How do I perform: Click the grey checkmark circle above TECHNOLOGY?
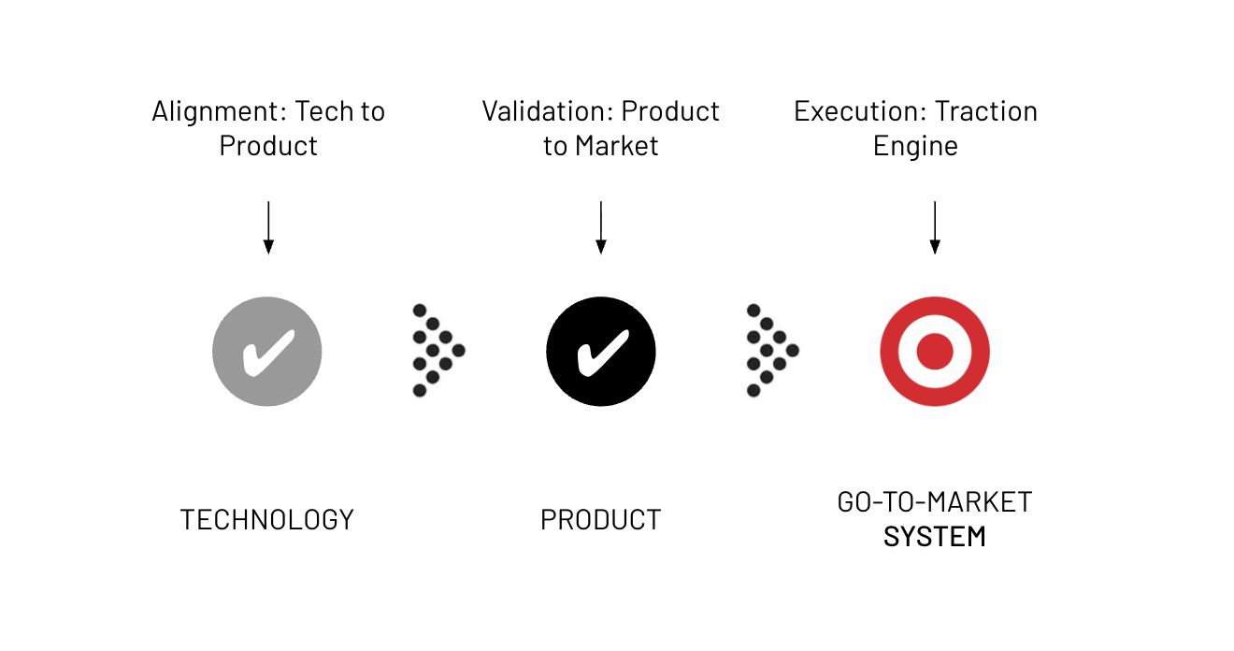(x=267, y=352)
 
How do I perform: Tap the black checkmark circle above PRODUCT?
(x=601, y=352)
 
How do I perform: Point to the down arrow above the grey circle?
(x=268, y=227)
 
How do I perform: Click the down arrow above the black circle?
(x=601, y=227)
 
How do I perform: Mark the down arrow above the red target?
(x=935, y=227)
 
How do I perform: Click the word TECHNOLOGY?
(x=267, y=520)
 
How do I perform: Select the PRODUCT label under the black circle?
(x=601, y=520)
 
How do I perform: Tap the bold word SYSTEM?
(x=935, y=538)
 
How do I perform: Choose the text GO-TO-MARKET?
(x=935, y=502)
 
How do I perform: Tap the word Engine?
(x=915, y=147)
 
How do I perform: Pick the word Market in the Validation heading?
(x=616, y=147)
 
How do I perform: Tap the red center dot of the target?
(x=935, y=352)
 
